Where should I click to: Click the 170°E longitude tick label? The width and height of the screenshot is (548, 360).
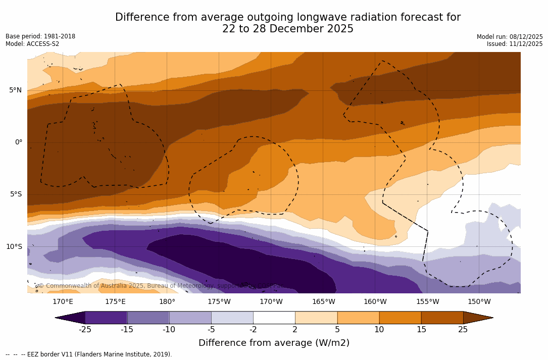(63, 302)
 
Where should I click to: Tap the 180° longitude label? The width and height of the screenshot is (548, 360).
(167, 302)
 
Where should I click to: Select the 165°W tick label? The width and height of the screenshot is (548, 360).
(323, 302)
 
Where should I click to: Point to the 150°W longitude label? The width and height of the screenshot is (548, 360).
(479, 302)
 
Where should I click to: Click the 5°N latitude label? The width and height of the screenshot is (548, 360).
(15, 90)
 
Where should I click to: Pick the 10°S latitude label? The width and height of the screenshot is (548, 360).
(14, 247)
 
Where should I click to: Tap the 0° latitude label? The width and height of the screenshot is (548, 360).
(18, 142)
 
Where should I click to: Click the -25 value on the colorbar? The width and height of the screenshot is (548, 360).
(85, 330)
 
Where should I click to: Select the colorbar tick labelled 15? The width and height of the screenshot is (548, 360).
(421, 330)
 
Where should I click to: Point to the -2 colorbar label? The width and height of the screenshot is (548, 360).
(253, 330)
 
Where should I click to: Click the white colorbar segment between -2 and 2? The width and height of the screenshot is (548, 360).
(274, 318)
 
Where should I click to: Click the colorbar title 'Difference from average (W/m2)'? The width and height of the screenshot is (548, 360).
(274, 343)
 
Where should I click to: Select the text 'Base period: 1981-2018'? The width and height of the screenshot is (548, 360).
(40, 36)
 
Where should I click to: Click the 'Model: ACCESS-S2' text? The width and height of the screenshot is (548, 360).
(32, 44)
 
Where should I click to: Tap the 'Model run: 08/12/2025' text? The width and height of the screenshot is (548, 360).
(510, 37)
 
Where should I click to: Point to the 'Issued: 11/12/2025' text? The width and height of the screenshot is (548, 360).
(515, 44)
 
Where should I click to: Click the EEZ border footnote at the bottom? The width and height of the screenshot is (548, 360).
(89, 354)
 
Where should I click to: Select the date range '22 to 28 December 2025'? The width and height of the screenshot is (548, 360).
(288, 29)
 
